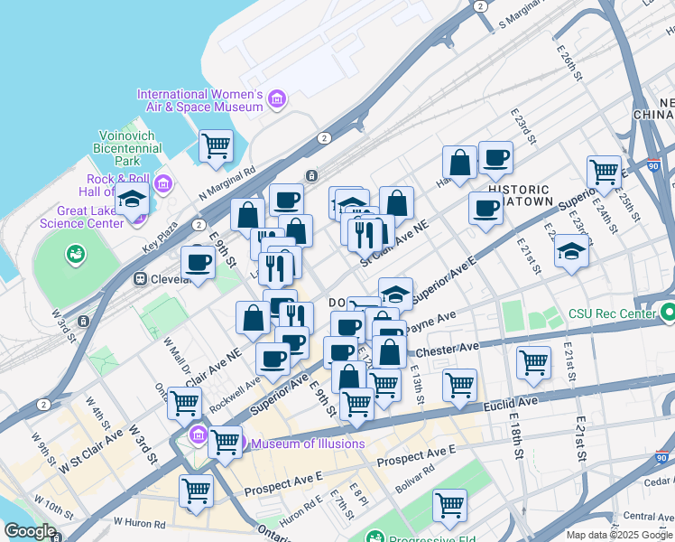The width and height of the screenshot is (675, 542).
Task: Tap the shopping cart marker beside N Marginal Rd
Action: click(216, 145)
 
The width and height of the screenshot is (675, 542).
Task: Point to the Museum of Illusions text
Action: click(308, 444)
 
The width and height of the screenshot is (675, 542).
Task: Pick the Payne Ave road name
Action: click(432, 320)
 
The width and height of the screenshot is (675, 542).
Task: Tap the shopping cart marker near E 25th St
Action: click(604, 171)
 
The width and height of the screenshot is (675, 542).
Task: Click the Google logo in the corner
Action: click(30, 531)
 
